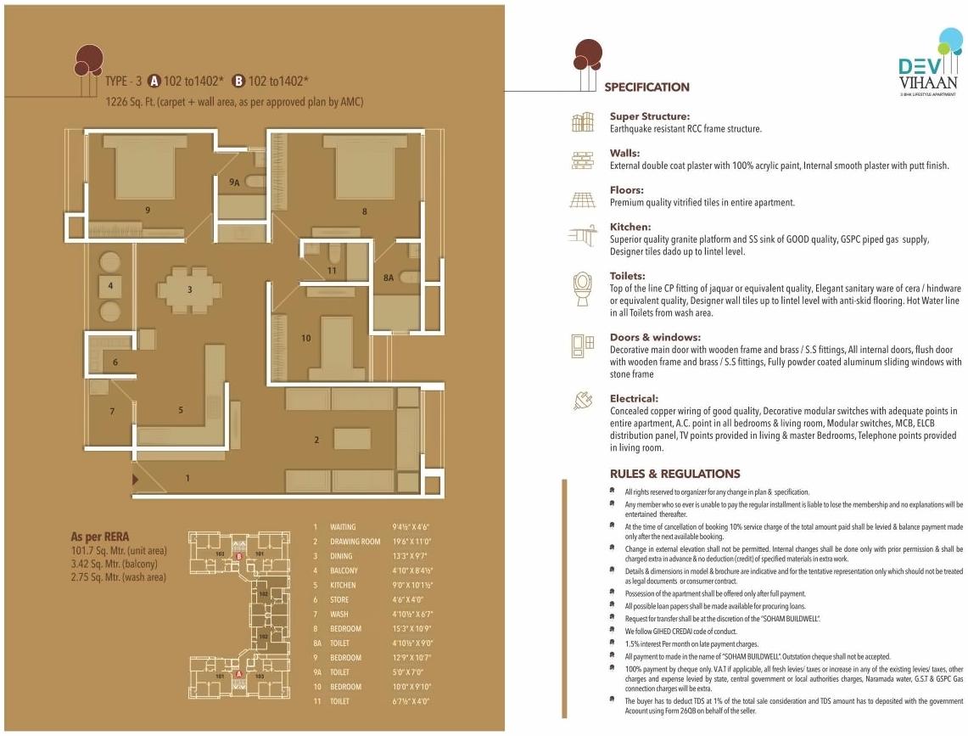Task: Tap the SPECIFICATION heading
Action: click(x=646, y=87)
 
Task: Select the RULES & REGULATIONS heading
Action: click(x=674, y=474)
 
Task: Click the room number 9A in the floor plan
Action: click(x=235, y=181)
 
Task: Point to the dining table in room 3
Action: click(x=191, y=289)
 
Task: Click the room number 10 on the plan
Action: click(x=306, y=338)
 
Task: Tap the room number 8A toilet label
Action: click(x=389, y=277)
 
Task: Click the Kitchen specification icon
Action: click(x=582, y=236)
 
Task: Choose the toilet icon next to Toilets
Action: click(x=582, y=288)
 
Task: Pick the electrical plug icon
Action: click(x=582, y=401)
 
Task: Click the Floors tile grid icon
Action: click(x=582, y=199)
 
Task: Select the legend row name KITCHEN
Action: click(x=344, y=585)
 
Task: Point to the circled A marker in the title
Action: click(x=154, y=81)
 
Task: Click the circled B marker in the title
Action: click(x=238, y=81)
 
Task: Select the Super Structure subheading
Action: click(x=649, y=116)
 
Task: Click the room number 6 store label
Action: click(x=115, y=362)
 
